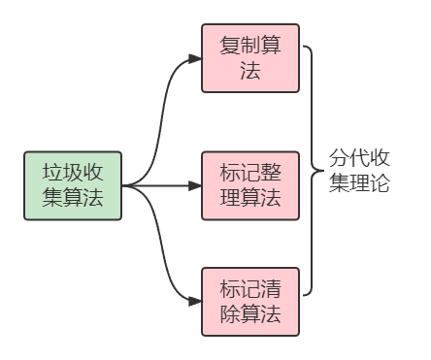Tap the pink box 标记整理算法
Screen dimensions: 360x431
(250, 184)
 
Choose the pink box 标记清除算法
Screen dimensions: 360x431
(250, 302)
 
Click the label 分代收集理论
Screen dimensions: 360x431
(359, 171)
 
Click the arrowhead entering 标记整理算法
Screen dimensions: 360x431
(197, 184)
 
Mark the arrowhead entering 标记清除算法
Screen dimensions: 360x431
(197, 302)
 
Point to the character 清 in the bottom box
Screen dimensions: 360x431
(271, 289)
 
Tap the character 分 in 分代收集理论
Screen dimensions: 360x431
(339, 158)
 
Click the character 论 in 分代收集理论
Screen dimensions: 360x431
(380, 183)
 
